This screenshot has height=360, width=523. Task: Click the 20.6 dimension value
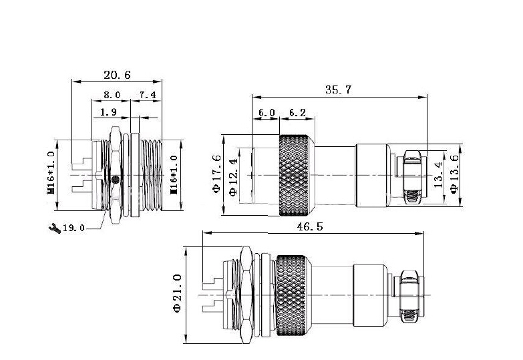[x=117, y=75]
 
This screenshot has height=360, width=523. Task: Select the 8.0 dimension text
[x=112, y=95]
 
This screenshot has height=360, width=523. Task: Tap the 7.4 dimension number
[x=148, y=95]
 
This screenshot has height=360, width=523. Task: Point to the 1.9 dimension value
[x=109, y=112]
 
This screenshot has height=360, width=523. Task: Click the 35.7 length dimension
[x=339, y=89]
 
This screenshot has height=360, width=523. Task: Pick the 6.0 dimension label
[x=267, y=113]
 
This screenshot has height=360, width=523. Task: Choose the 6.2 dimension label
[x=297, y=113]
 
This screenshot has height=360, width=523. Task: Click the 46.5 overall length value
[x=310, y=226]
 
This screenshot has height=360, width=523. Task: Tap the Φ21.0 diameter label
[x=177, y=293]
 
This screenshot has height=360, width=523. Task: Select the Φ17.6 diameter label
[x=217, y=174]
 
